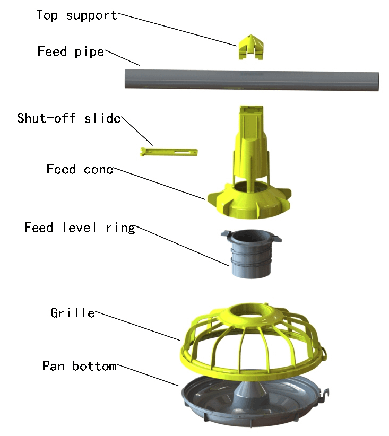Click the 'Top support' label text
[x=76, y=15]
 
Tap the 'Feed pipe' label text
[x=71, y=52]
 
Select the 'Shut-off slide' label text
[x=68, y=118]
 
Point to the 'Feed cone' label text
[x=80, y=170]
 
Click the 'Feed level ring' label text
[x=80, y=228]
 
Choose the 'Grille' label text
[x=73, y=313]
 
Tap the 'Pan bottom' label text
[x=79, y=366]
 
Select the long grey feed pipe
[x=249, y=80]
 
